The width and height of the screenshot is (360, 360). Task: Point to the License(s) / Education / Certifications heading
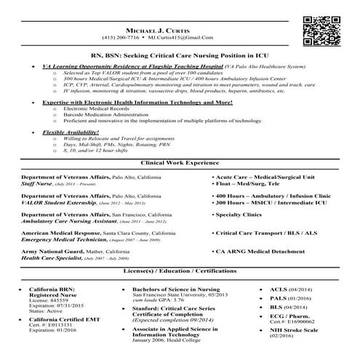[180, 271]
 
